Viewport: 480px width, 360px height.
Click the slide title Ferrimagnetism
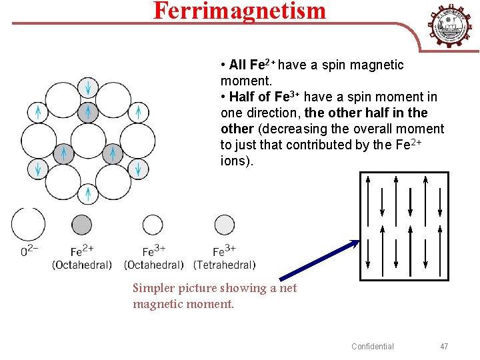coord(240,11)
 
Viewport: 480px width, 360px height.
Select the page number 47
coord(444,346)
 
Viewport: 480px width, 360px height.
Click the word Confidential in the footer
coord(373,346)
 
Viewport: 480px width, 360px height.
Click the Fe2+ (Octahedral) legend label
coord(81,258)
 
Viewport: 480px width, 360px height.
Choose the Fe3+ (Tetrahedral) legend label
coord(224,258)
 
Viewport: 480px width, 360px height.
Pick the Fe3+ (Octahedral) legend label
coord(153,258)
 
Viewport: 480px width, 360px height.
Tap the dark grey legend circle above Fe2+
coord(81,225)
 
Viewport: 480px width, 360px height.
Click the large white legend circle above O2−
coord(28,224)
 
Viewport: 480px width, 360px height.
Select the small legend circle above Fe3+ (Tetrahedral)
coord(224,225)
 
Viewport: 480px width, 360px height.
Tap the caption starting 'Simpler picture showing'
coord(215,296)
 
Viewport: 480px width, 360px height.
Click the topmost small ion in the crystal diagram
coord(88,87)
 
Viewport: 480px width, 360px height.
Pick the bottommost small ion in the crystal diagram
coord(88,193)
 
